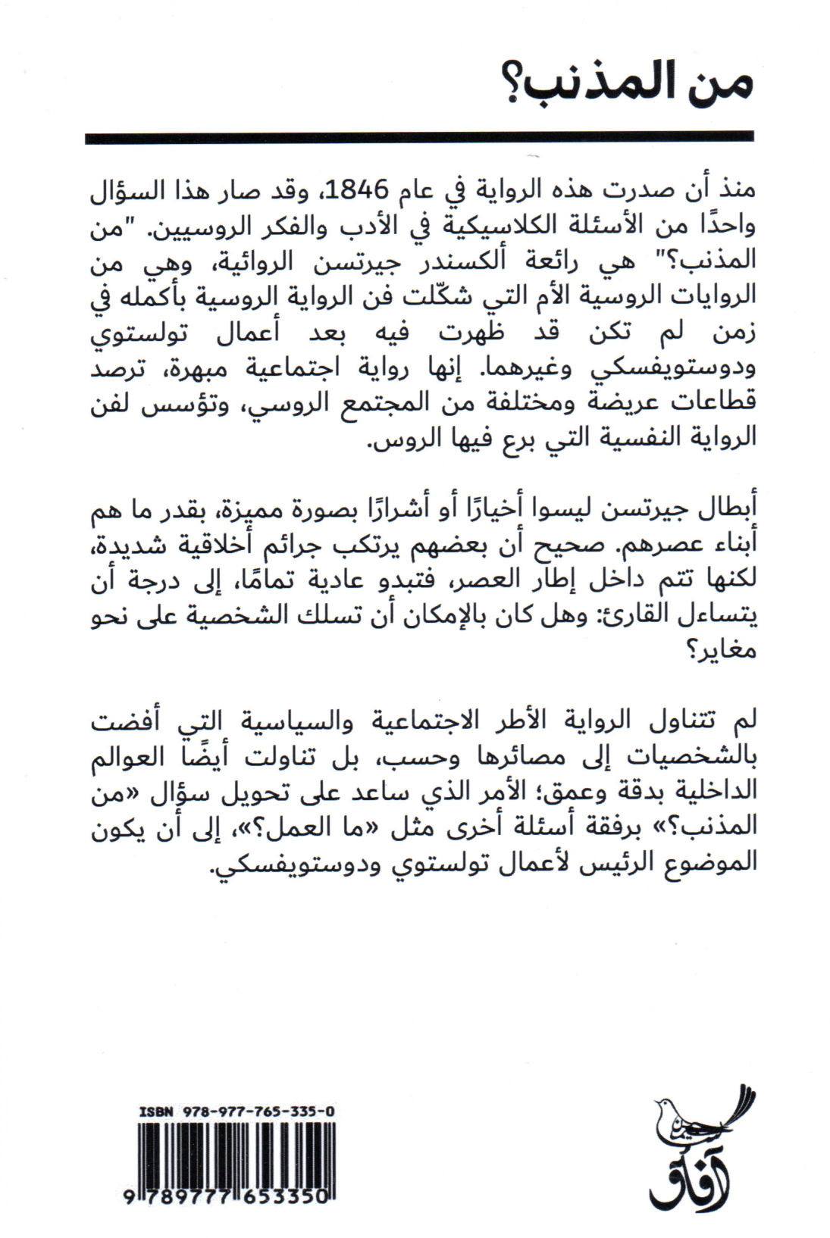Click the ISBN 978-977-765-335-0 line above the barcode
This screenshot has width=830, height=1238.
click(236, 1111)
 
